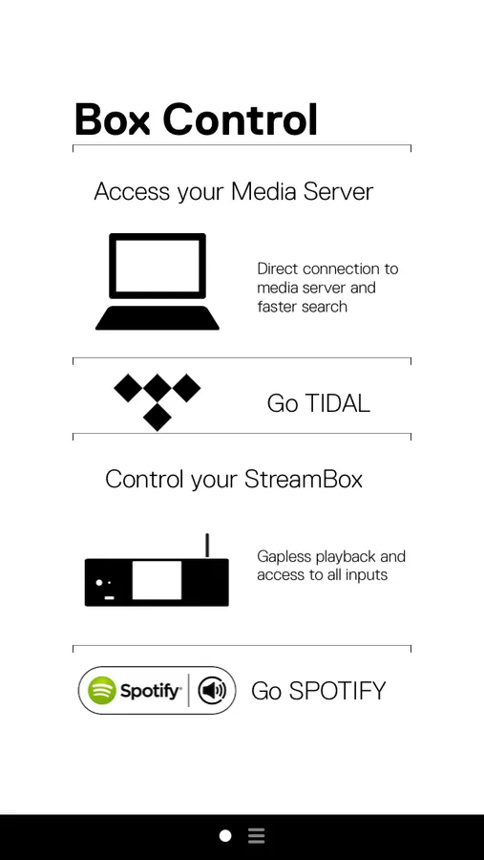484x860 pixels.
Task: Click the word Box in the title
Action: [x=112, y=119]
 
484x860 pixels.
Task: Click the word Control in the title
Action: [x=241, y=119]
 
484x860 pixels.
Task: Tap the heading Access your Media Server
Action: [x=234, y=192]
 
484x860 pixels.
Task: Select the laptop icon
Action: [x=158, y=281]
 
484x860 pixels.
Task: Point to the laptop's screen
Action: [x=158, y=266]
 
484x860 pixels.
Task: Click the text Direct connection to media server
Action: [x=327, y=278]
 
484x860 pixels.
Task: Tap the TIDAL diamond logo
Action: [x=158, y=402]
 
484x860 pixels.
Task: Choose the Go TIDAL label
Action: [x=319, y=403]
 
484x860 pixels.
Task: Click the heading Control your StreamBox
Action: [x=234, y=479]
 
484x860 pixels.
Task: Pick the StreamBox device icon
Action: [x=157, y=570]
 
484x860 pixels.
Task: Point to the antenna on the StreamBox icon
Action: [x=207, y=546]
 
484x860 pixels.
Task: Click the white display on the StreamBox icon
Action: [x=157, y=580]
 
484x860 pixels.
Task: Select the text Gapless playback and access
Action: [x=331, y=566]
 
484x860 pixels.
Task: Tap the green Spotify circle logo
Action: [x=102, y=691]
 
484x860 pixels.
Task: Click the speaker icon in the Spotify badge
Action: [x=212, y=691]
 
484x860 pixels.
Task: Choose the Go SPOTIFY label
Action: [x=319, y=691]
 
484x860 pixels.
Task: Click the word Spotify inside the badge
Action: [x=150, y=691]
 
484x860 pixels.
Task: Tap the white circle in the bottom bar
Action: [x=225, y=836]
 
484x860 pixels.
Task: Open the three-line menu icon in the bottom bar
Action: [x=256, y=836]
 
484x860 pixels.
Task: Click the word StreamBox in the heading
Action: [x=304, y=479]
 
